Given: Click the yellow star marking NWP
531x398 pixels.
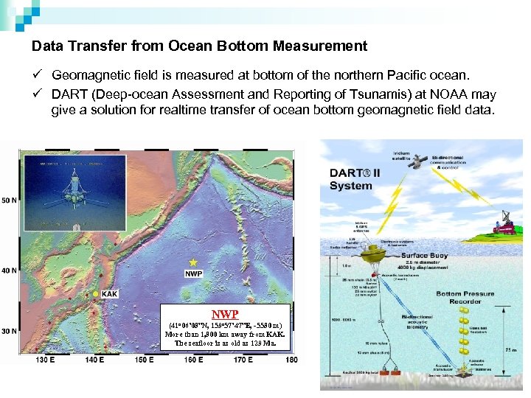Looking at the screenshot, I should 193,262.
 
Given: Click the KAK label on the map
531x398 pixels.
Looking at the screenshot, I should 109,294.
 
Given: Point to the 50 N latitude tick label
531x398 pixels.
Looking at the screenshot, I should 10,200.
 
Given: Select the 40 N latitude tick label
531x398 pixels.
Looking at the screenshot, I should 10,270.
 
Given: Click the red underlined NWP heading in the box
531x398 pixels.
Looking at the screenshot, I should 225,313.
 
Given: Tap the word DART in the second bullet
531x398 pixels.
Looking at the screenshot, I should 69,95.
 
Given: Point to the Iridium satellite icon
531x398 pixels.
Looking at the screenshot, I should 418,160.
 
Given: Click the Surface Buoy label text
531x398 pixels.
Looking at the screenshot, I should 445,256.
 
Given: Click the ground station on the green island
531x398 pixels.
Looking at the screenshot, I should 507,223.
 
